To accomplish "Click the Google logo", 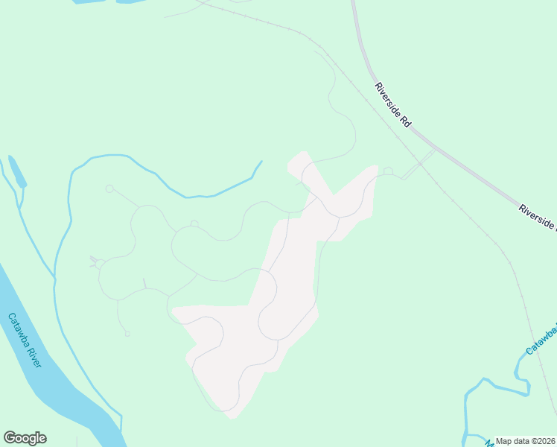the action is (x=25, y=438).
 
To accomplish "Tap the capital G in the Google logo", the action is (x=9, y=438).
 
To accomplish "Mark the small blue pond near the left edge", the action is (x=16, y=173).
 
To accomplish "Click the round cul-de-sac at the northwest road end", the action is (x=109, y=189).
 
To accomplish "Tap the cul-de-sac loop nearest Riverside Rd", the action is (x=387, y=171).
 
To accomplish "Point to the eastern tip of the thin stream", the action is (x=261, y=162).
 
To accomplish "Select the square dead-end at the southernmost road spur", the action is (x=128, y=333).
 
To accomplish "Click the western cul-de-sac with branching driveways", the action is (x=99, y=264).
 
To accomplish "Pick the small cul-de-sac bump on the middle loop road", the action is (x=194, y=223).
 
